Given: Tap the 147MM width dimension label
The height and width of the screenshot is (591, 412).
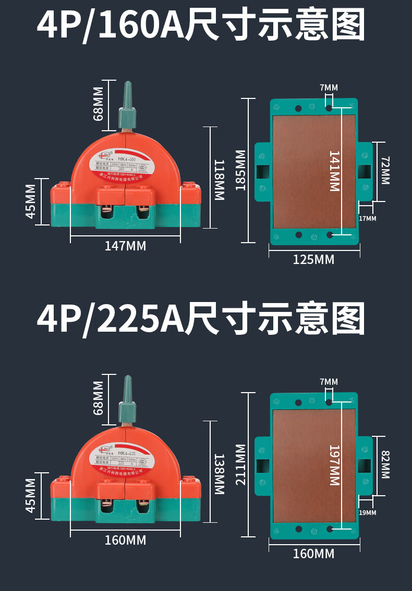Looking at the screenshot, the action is coord(125,246).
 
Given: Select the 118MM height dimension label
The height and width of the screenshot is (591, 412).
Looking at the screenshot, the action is coord(219,180).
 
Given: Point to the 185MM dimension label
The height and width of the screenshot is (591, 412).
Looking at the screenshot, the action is coord(240,170).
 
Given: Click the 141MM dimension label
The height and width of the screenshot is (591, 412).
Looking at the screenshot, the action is coord(334,171).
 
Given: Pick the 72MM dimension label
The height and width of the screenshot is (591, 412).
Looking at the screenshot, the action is coord(385,170).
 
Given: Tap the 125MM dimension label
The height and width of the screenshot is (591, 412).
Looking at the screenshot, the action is coord(313,259).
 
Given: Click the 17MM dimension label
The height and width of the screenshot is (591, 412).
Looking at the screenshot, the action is coord(367,218).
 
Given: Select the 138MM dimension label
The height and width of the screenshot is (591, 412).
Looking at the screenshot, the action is coord(219,474).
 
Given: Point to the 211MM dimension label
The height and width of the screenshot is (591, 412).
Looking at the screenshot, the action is coord(240,464).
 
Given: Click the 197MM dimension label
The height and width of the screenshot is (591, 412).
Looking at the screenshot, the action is coord(334,465).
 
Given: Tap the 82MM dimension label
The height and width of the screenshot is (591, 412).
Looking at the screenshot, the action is coord(385,464).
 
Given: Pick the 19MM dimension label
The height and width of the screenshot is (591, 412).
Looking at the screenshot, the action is coord(367,513).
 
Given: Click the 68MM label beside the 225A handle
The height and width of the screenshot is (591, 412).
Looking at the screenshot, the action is coord(98,398).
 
